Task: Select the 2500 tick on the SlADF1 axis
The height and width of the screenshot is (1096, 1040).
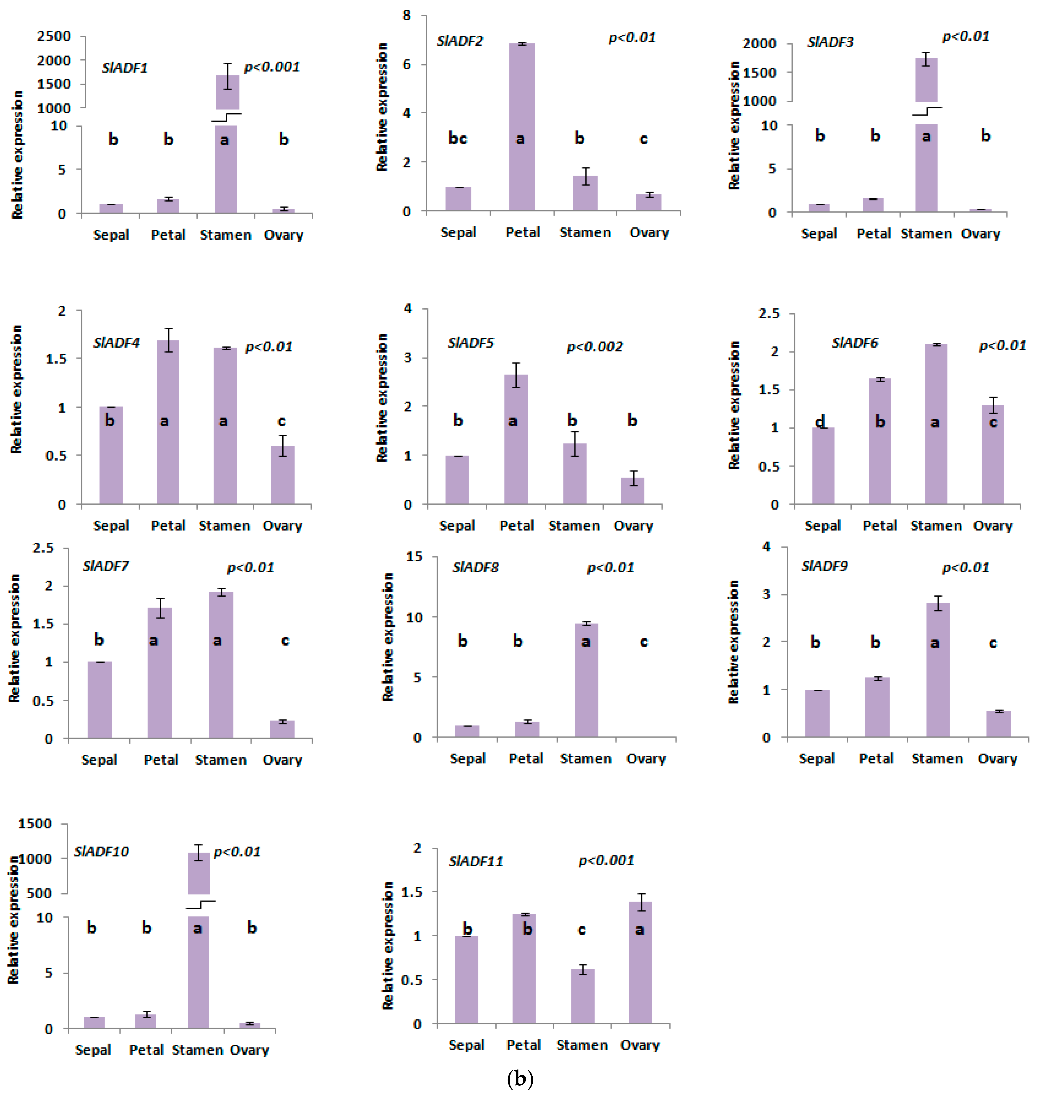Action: coord(54,36)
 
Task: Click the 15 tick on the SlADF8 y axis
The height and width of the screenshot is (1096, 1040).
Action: coord(414,556)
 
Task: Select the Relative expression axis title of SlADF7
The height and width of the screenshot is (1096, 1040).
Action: coord(15,638)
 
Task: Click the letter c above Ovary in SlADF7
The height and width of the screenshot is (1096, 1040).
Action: coord(285,641)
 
